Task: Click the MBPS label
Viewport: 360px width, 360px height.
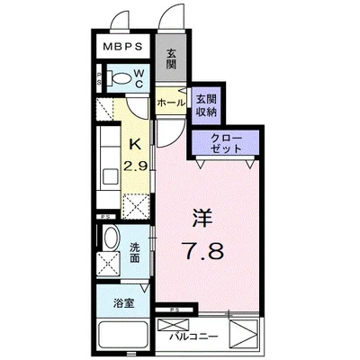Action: (x=122, y=47)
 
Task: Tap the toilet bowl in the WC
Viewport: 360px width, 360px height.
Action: (x=120, y=78)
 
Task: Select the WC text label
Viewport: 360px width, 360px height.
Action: (x=139, y=78)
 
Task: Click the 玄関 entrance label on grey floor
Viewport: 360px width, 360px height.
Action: (x=171, y=59)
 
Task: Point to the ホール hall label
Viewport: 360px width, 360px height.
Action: (x=171, y=103)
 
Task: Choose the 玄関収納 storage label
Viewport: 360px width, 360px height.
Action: (x=206, y=105)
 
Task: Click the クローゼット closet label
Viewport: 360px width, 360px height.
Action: (x=226, y=143)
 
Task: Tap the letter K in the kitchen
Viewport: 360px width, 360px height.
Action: (x=135, y=145)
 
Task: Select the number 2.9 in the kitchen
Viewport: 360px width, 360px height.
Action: (x=136, y=165)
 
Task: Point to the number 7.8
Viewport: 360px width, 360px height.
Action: (x=203, y=251)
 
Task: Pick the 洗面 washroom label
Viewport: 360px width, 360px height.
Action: (x=135, y=253)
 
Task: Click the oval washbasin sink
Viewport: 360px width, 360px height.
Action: (x=110, y=238)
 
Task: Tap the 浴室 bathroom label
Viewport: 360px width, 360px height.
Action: (x=123, y=303)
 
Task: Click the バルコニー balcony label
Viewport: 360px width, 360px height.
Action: (x=193, y=337)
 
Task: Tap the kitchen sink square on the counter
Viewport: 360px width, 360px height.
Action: (x=111, y=176)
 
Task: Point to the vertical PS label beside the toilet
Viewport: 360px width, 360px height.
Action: (x=99, y=78)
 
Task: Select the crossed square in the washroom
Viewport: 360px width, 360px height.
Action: (x=108, y=264)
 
